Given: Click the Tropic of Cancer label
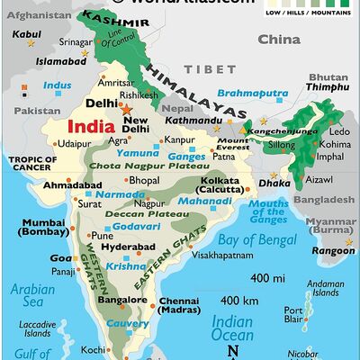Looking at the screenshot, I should click(x=32, y=165).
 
